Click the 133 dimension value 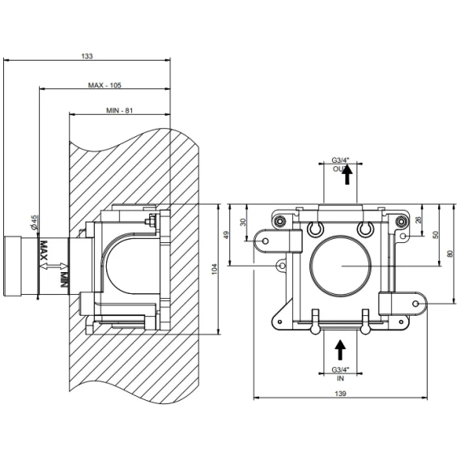[x=87, y=56]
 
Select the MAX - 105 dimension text [x=104, y=85]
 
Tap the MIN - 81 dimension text [x=119, y=111]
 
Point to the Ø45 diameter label [x=34, y=223]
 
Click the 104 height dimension [x=215, y=269]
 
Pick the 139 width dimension [x=340, y=394]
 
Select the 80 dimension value [x=450, y=253]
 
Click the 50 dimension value [x=436, y=235]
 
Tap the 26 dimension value [x=419, y=219]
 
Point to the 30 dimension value [x=243, y=222]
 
